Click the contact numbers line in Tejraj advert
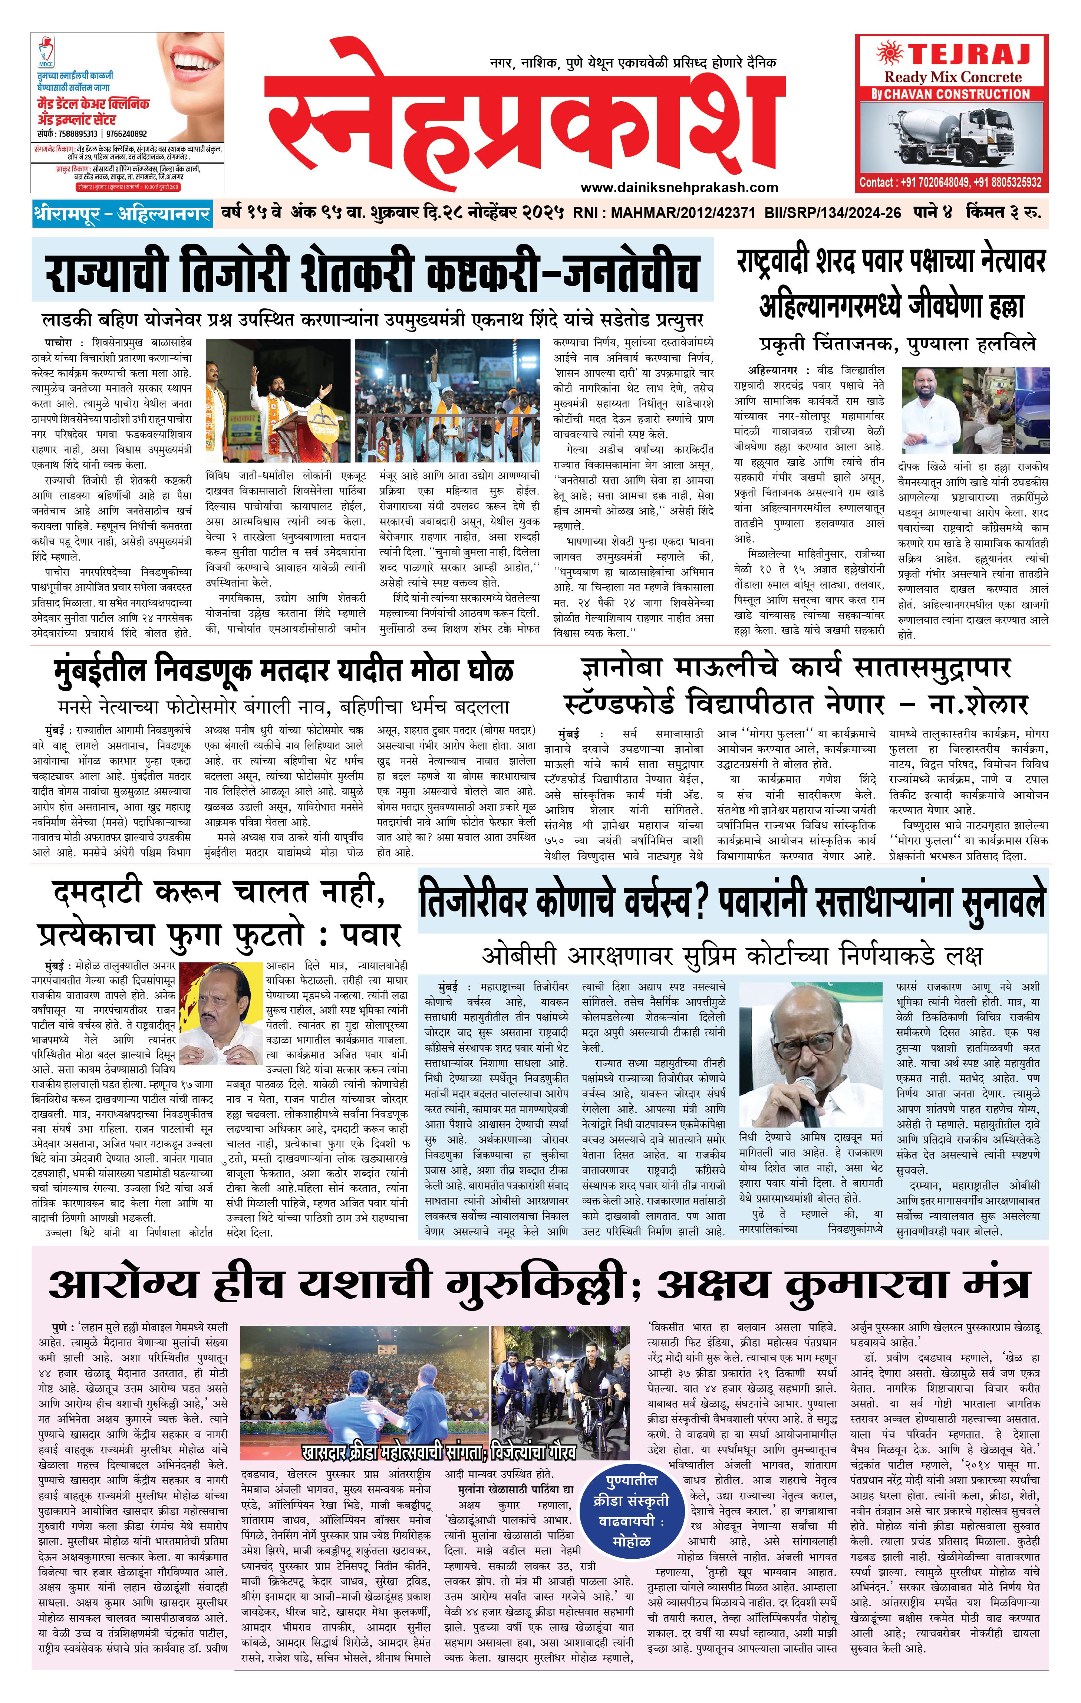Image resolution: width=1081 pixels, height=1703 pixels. pos(950,183)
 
